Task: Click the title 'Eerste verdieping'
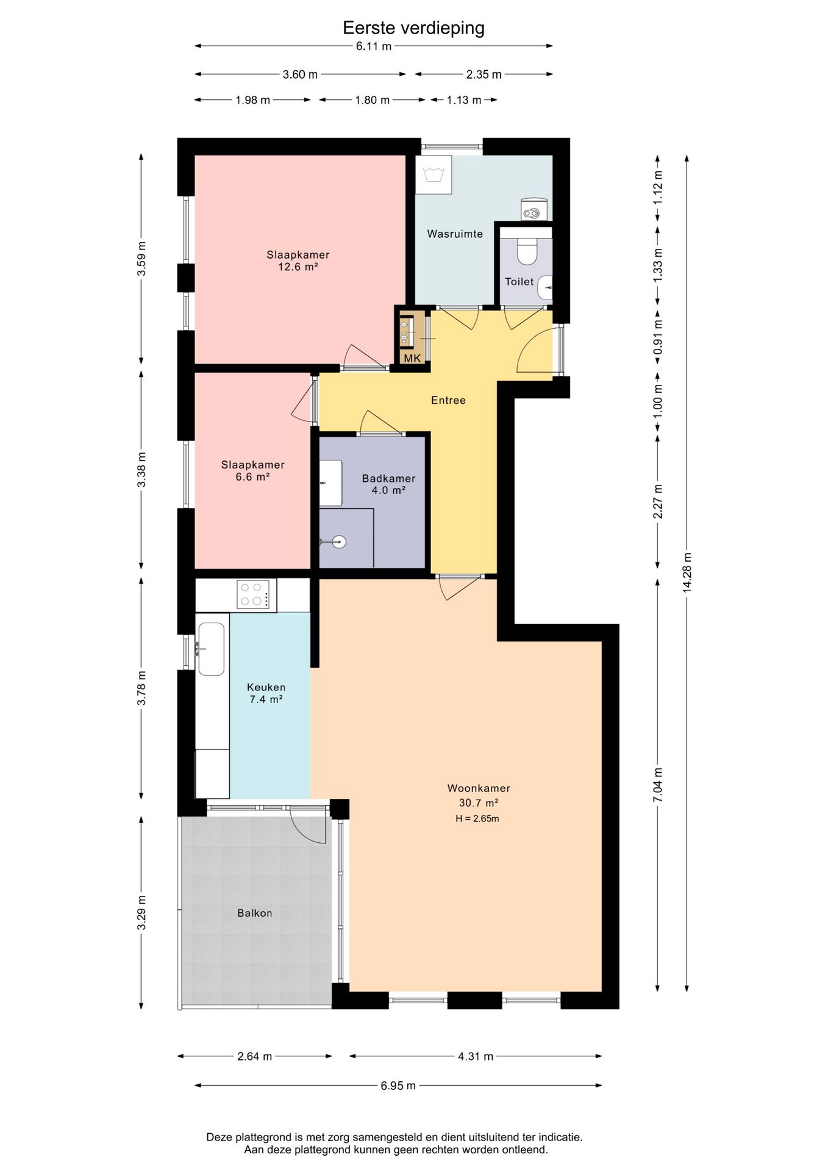(413, 28)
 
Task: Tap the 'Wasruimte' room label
(455, 234)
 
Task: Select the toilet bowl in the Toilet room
(526, 251)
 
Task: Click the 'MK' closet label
(412, 358)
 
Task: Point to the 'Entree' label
(448, 400)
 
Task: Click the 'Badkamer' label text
(388, 479)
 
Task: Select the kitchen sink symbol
(211, 649)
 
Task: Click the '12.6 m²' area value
(298, 267)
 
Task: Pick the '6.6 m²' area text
(252, 476)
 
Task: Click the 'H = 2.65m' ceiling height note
(477, 818)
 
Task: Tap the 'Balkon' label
(255, 913)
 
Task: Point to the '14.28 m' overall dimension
(687, 572)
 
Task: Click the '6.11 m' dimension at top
(374, 46)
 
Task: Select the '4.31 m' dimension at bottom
(476, 1056)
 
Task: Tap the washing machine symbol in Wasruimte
(437, 174)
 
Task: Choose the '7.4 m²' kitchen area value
(266, 700)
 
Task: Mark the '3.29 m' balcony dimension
(142, 913)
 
